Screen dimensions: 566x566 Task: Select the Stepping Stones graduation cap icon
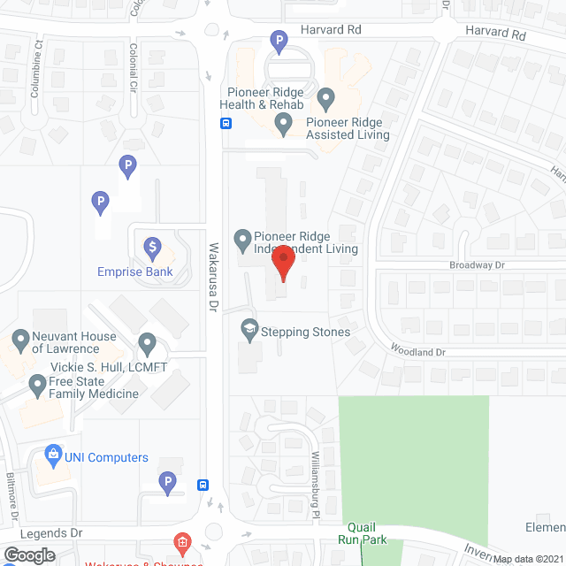point(249,329)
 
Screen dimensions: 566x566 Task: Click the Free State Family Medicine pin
point(37,385)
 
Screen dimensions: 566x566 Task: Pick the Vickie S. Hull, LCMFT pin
point(148,342)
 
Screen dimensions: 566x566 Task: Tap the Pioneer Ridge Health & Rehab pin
point(325,96)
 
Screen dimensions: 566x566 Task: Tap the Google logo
point(29,555)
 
